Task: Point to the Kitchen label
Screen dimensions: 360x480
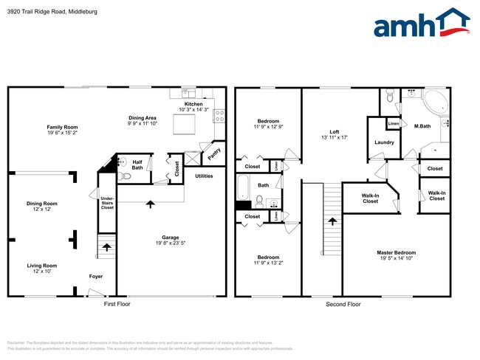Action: (193, 104)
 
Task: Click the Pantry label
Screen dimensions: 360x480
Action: (213, 153)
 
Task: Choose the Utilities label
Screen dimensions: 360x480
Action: (204, 176)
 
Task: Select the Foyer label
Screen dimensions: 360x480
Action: (96, 276)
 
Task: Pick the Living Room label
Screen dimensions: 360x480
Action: (41, 266)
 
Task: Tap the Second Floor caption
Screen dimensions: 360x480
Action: (343, 304)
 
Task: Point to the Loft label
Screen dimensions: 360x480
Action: (334, 131)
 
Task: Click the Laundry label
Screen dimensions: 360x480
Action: (384, 142)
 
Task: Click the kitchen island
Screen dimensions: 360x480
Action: (184, 125)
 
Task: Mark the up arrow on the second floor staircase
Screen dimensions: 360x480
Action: (332, 221)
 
